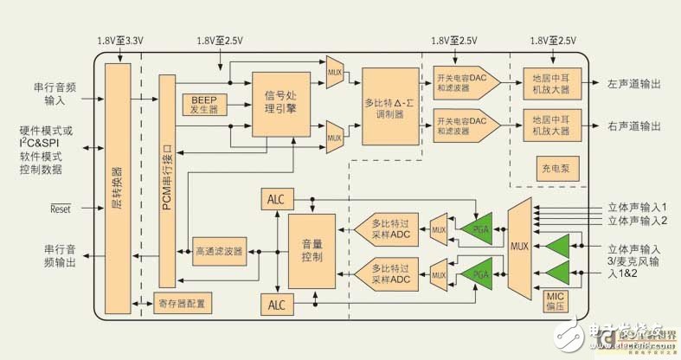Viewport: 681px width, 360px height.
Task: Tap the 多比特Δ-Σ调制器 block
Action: tap(388, 106)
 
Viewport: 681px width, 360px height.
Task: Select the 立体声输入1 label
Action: tap(635, 208)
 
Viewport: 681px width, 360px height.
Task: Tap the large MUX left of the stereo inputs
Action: tap(519, 246)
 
